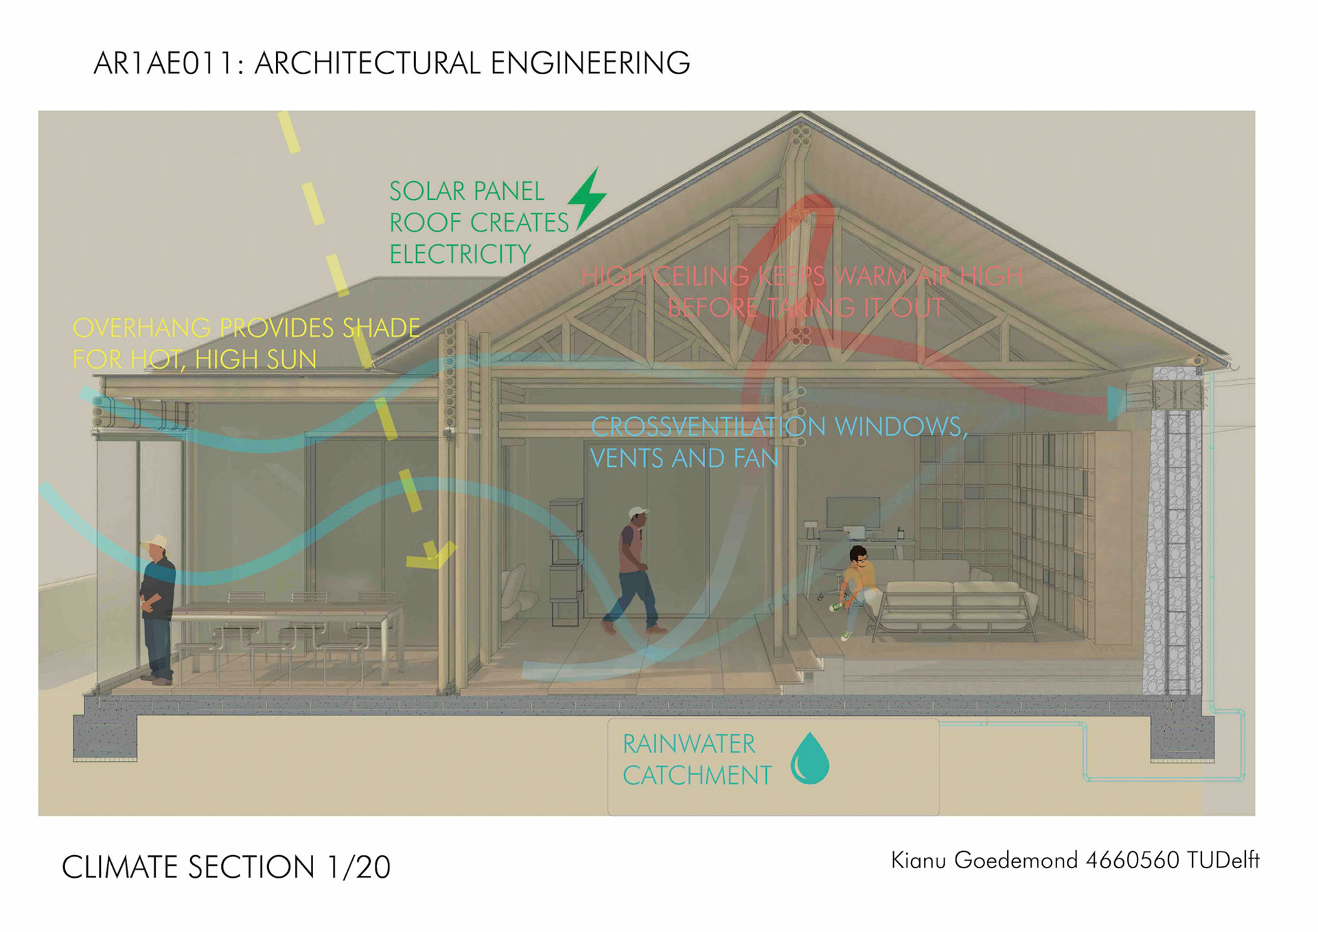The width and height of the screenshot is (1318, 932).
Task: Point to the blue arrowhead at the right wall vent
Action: click(1116, 402)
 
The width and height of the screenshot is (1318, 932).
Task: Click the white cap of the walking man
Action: click(637, 512)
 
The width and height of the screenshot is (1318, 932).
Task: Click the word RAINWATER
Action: click(689, 744)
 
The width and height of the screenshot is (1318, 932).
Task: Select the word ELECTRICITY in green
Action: click(460, 255)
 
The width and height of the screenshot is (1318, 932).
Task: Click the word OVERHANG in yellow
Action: click(141, 328)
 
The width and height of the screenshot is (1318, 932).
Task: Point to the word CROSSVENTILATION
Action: click(708, 427)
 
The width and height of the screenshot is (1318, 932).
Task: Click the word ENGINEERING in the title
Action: click(590, 64)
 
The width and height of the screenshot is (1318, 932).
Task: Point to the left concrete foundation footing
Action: click(105, 738)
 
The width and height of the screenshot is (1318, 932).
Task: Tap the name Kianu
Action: click(918, 861)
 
